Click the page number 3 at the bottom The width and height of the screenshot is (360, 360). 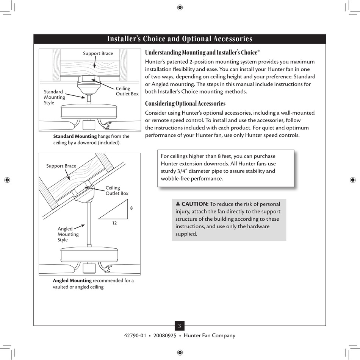pyautogui.click(x=180, y=326)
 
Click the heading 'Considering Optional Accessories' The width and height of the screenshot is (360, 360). pyautogui.click(x=185, y=103)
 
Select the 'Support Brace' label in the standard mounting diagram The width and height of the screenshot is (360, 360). pyautogui.click(x=98, y=53)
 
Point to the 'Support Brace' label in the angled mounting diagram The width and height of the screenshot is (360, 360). pyautogui.click(x=61, y=166)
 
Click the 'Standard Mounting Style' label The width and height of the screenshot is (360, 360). pyautogui.click(x=54, y=97)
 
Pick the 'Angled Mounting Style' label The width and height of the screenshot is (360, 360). pyautogui.click(x=68, y=234)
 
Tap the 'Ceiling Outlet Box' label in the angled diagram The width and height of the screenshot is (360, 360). pyautogui.click(x=117, y=190)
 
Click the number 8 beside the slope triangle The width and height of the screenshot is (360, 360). pyautogui.click(x=131, y=208)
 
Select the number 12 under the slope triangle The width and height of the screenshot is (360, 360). pyautogui.click(x=114, y=223)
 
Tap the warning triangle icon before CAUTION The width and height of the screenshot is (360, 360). pyautogui.click(x=178, y=204)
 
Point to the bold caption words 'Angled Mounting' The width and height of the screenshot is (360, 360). pyautogui.click(x=72, y=281)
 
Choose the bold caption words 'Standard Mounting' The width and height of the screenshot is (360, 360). pyautogui.click(x=75, y=136)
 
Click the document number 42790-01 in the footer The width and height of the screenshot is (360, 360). pyautogui.click(x=135, y=335)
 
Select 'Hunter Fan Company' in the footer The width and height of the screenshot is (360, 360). pyautogui.click(x=209, y=335)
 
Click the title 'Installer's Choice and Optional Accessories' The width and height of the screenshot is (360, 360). pyautogui.click(x=180, y=39)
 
